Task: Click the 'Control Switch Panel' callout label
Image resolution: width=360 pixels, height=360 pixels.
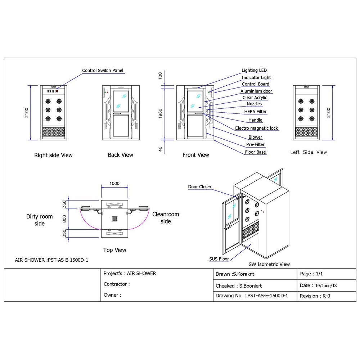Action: pos(103,71)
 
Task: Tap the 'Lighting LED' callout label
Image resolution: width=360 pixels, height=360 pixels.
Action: pos(254,71)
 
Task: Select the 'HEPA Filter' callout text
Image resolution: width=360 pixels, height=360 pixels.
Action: pos(255,112)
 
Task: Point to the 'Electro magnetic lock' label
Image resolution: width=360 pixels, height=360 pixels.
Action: pos(257,128)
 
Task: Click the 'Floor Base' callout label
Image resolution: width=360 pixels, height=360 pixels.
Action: pos(256,152)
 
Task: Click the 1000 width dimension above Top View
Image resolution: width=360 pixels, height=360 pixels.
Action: pos(114,183)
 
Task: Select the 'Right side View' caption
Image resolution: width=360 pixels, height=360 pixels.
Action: pos(53,155)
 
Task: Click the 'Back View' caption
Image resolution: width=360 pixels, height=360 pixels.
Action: pos(120,155)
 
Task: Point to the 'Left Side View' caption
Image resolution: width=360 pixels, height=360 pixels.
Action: pos(309,152)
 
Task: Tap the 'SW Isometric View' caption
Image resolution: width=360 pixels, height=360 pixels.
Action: pos(269,264)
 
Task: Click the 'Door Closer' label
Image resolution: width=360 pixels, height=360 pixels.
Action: pos(200,187)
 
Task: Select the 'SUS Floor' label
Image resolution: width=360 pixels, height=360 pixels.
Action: pos(219,259)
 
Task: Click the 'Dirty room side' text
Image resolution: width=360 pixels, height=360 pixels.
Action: pos(39,220)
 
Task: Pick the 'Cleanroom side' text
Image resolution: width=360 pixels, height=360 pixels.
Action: pos(166,218)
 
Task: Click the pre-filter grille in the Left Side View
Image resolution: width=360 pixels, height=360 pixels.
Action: pos(306,132)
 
